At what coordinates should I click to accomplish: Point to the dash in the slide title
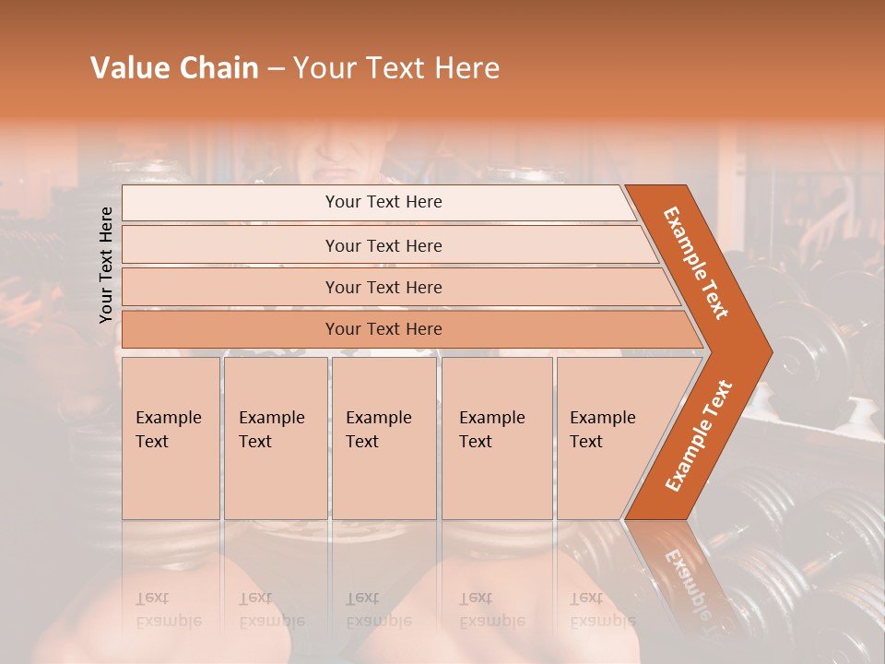coord(276,69)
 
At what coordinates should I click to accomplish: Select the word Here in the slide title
coord(466,68)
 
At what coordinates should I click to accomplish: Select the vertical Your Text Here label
coord(106,265)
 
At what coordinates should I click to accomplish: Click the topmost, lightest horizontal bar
coord(383,202)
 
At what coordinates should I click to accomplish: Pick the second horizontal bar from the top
coord(383,245)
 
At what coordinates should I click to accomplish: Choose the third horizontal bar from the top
coord(383,288)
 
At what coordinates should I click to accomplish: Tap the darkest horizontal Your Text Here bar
coord(383,329)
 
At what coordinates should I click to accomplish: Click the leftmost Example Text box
coord(171,437)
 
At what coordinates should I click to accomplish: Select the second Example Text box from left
coord(275,437)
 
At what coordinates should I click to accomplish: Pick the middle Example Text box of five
coord(383,437)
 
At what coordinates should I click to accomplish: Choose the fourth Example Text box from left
coord(496,437)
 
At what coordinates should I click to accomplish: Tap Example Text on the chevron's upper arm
coord(696,263)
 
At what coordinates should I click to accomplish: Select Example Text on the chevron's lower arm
coord(699,436)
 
